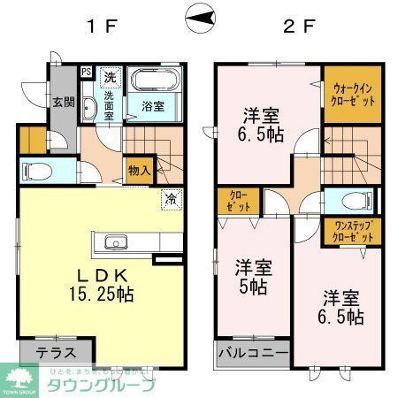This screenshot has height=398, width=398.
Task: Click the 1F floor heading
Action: pos(103,25)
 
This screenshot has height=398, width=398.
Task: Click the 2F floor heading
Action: pos(298,25)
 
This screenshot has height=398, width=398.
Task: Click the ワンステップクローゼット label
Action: pos(352,232)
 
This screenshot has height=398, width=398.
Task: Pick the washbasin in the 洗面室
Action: pos(89,108)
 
